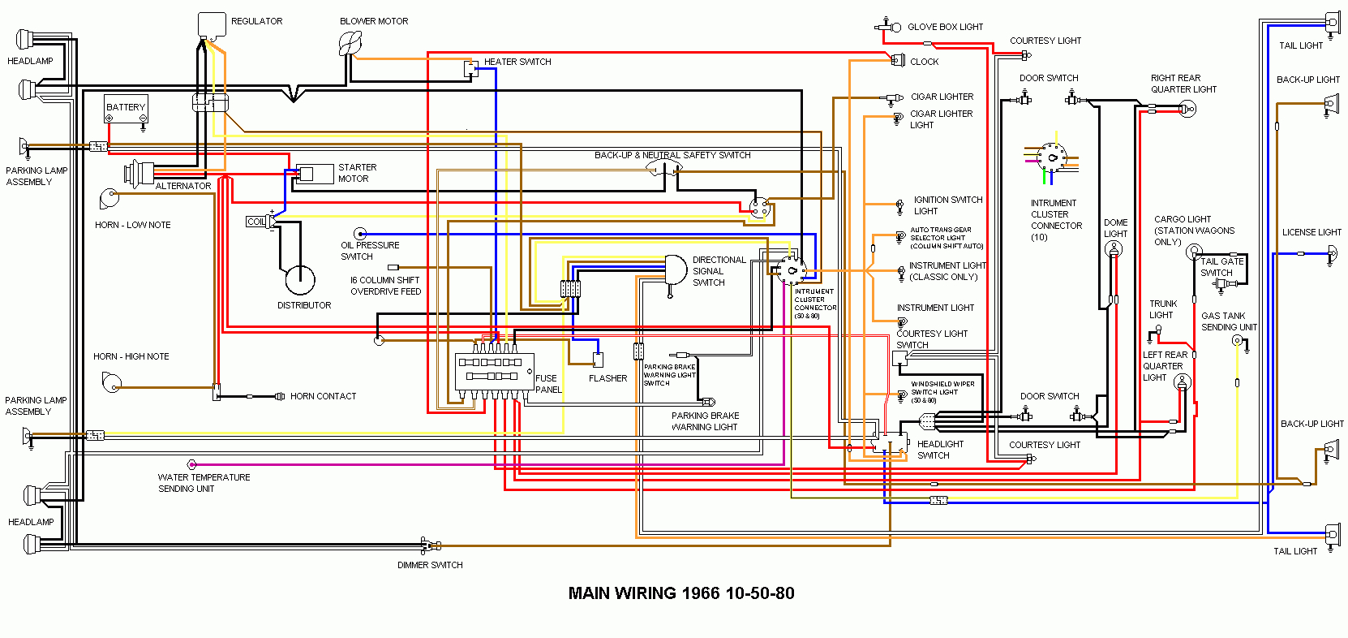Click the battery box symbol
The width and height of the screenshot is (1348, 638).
[x=127, y=109]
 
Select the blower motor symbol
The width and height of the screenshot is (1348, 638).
[x=350, y=43]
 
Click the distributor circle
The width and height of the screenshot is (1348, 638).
[x=300, y=280]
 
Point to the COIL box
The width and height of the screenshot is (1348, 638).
[x=256, y=222]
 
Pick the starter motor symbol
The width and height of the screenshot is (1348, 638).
[x=314, y=174]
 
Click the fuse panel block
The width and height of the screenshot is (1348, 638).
[x=494, y=370]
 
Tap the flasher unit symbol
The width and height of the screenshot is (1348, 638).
[x=598, y=360]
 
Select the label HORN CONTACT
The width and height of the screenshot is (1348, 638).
[x=323, y=396]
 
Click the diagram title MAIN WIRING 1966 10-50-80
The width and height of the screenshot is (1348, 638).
[x=680, y=593]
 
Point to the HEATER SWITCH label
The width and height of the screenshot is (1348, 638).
[x=517, y=62]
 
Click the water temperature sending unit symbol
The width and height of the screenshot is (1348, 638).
[x=192, y=464]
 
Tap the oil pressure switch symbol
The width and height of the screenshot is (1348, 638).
[x=360, y=234]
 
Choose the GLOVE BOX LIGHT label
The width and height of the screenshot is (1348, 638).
[x=945, y=27]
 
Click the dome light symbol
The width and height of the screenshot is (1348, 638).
[x=1114, y=250]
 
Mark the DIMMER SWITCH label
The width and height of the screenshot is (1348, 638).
[x=430, y=565]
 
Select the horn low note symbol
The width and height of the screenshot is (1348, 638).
[x=109, y=198]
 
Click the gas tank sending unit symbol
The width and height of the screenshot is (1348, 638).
[x=1237, y=341]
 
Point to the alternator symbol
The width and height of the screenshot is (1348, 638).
[x=140, y=173]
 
